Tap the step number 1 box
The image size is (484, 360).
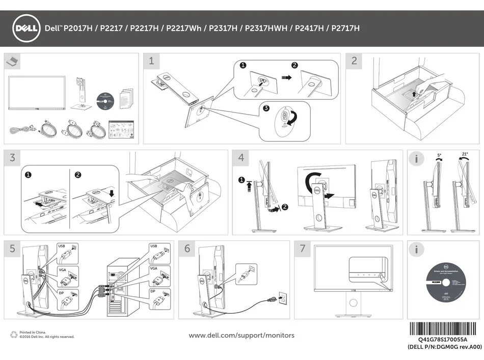pyautogui.click(x=151, y=61)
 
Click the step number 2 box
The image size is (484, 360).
pyautogui.click(x=354, y=61)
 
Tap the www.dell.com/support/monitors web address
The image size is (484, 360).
pyautogui.click(x=241, y=335)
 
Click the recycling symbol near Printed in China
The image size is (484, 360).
pyautogui.click(x=14, y=335)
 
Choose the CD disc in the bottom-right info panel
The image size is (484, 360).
pyautogui.click(x=445, y=286)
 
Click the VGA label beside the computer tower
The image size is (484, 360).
pyautogui.click(x=153, y=268)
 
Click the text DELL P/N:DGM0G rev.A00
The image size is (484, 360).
pyautogui.click(x=445, y=347)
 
